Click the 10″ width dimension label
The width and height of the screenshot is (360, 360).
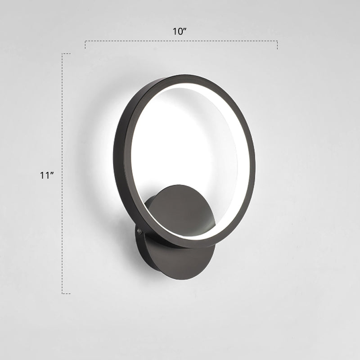pyautogui.click(x=180, y=31)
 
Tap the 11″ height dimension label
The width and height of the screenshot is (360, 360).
pyautogui.click(x=47, y=175)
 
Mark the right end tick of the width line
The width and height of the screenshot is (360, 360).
pyautogui.click(x=277, y=45)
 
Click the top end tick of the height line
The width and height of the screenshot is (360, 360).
pyautogui.click(x=66, y=54)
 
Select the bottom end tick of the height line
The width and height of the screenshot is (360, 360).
pyautogui.click(x=66, y=293)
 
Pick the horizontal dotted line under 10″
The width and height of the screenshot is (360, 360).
pyautogui.click(x=180, y=41)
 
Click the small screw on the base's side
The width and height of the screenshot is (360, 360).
pyautogui.click(x=139, y=231)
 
